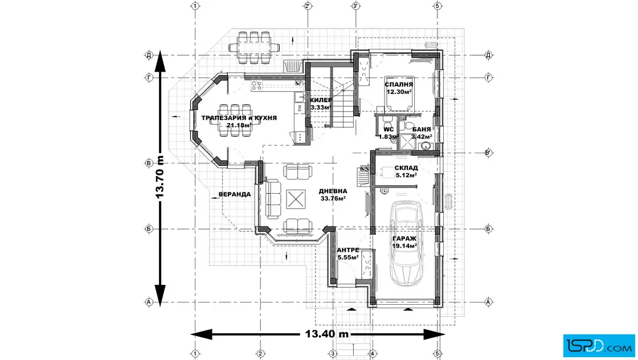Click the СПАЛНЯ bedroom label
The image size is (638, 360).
(x=399, y=84)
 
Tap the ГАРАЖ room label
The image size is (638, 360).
(x=404, y=239)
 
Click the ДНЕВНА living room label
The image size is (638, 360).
(x=332, y=191)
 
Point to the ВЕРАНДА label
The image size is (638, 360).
(x=235, y=194)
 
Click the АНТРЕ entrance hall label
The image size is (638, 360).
(x=347, y=250)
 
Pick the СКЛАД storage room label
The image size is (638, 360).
(x=406, y=168)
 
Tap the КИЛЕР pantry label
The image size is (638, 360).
(x=321, y=100)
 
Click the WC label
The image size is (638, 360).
(x=388, y=129)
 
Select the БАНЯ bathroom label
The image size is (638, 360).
(x=422, y=129)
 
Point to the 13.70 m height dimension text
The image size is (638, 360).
(x=160, y=176)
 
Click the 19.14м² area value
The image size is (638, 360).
(x=404, y=246)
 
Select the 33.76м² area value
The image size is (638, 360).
(x=333, y=198)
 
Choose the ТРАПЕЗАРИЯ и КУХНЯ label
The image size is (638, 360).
(x=239, y=118)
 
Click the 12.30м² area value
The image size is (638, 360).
(x=399, y=92)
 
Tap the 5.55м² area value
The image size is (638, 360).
(x=347, y=257)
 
